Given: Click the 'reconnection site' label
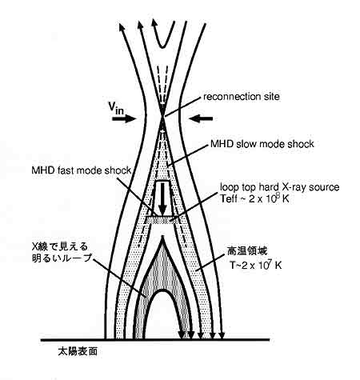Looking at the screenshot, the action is [242, 97].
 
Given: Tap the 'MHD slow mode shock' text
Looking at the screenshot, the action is [262, 144].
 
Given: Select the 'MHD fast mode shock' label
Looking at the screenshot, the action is [82, 170].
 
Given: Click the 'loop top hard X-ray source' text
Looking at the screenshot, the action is [280, 187].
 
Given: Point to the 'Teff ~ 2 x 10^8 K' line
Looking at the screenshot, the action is [254, 198].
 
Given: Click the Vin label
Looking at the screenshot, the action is [116, 108].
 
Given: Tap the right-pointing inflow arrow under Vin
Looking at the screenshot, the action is [124, 118].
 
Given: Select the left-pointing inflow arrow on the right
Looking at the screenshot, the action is [201, 118].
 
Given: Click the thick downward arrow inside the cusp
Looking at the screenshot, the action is [162, 198].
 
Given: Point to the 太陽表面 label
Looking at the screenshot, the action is [78, 351].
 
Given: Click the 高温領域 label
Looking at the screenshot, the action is [247, 251].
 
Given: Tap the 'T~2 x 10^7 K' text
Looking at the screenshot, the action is [256, 265].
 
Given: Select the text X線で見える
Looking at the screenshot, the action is [60, 246].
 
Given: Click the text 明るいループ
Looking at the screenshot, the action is [62, 258].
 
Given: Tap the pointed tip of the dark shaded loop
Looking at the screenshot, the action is [162, 238].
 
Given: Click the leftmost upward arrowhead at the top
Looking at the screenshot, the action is [122, 27].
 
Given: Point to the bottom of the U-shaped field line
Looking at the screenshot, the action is [162, 47].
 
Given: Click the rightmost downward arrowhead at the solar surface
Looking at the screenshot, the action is [222, 335].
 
